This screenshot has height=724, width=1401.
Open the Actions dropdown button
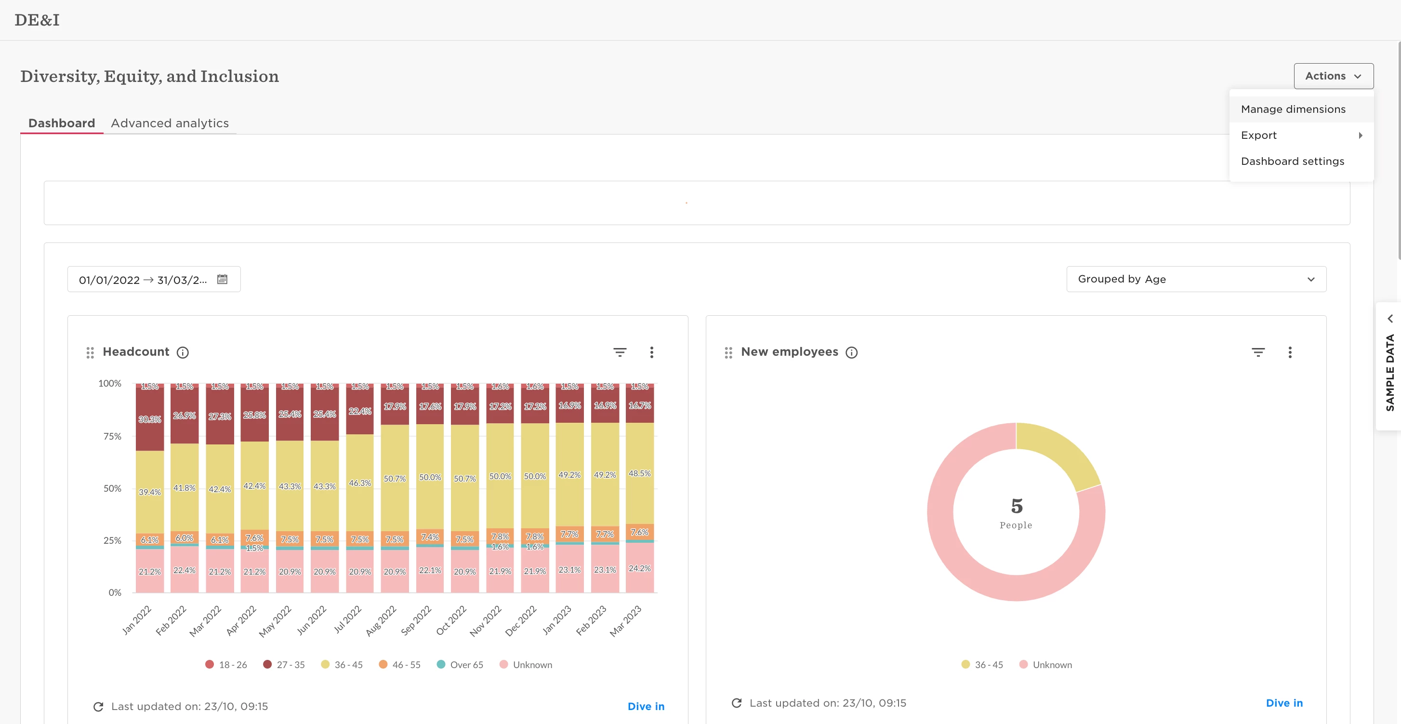[1333, 76]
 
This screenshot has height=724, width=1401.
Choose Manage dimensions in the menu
[1293, 109]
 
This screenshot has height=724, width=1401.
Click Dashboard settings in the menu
[1292, 161]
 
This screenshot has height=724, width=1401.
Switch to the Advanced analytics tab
[170, 123]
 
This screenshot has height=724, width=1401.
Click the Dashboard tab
[62, 123]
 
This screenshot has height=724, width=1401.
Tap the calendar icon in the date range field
[222, 279]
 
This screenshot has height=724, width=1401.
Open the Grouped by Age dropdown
[1196, 279]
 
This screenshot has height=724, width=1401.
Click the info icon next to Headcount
[183, 352]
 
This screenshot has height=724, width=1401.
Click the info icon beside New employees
[852, 352]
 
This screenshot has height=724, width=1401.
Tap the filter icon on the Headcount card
[620, 352]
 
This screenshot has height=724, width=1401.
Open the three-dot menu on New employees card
[1290, 352]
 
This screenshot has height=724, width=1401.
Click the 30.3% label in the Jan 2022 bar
[149, 419]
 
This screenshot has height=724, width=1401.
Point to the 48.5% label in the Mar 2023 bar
[640, 474]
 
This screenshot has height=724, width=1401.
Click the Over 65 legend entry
[460, 665]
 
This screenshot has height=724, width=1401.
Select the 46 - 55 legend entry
[400, 665]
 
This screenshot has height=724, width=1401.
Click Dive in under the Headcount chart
[646, 706]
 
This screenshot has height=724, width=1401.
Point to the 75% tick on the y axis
[112, 436]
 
